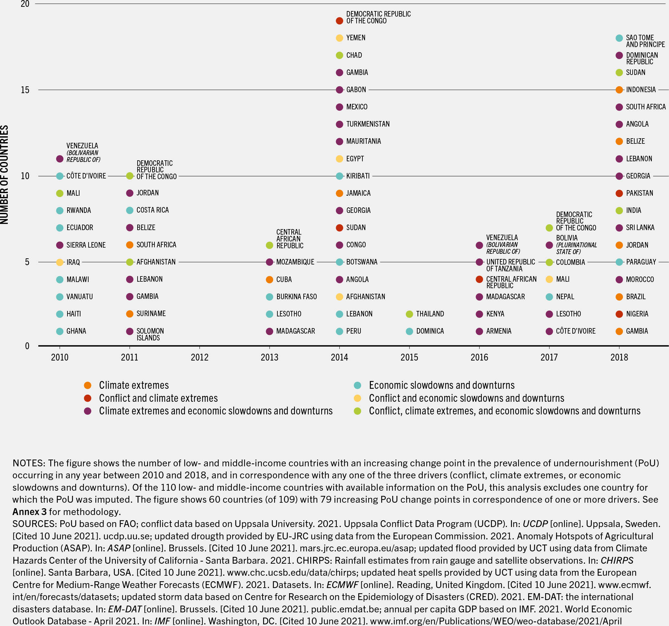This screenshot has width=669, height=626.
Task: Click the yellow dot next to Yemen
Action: coord(339,38)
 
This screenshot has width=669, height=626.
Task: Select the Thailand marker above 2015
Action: coord(409,314)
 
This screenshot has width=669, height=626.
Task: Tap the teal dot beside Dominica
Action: coord(409,331)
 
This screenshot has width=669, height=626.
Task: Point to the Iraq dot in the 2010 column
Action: coord(60,262)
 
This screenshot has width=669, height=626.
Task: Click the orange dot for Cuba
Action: coord(269,279)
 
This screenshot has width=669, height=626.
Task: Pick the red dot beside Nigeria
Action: coord(619,314)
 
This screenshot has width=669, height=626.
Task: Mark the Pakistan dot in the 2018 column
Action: coord(619,193)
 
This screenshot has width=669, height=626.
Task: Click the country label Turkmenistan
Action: coord(368,124)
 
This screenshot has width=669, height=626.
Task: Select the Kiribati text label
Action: coord(358,176)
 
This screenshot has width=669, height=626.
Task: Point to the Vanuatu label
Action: coord(79,297)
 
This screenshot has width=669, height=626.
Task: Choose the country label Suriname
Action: coord(151,314)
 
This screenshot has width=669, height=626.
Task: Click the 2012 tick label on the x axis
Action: coord(199,357)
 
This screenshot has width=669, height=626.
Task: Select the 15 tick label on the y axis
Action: coord(25,90)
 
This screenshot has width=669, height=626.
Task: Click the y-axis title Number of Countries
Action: coord(4,174)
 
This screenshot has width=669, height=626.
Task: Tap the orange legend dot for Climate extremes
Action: coord(88,385)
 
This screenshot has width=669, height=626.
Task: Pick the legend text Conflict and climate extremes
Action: coord(158,398)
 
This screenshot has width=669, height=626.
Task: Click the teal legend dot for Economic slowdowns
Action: coord(358,385)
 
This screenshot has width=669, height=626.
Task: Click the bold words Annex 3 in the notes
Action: coord(29,512)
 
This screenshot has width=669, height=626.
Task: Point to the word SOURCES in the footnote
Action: coord(34,524)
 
